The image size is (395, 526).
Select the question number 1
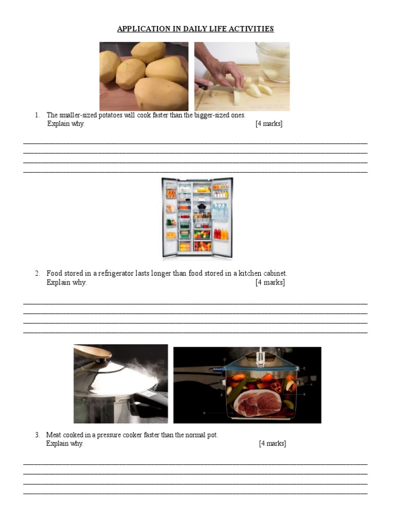pyautogui.click(x=37, y=115)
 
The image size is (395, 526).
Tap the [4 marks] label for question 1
pyautogui.click(x=268, y=124)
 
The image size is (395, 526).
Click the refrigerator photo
pyautogui.click(x=197, y=217)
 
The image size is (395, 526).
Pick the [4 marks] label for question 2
pyautogui.click(x=270, y=282)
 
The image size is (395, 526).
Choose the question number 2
pyautogui.click(x=37, y=273)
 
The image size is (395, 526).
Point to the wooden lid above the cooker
pyautogui.click(x=93, y=353)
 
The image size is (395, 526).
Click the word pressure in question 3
pyautogui.click(x=120, y=435)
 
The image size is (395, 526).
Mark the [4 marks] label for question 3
pyautogui.click(x=272, y=443)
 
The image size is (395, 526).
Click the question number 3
pyautogui.click(x=37, y=435)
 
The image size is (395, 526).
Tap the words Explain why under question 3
pyautogui.click(x=65, y=443)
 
